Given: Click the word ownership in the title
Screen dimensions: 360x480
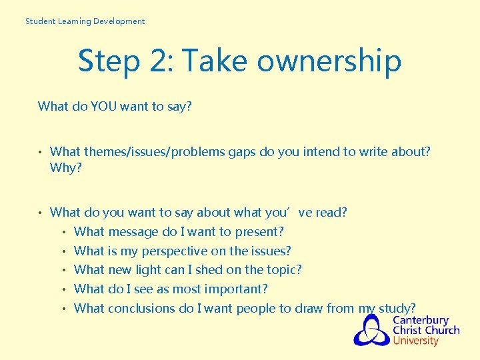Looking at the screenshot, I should [x=329, y=61].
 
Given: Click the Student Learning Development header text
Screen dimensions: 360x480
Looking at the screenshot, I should [x=85, y=21].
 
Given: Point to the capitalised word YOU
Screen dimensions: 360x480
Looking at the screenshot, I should [x=101, y=106].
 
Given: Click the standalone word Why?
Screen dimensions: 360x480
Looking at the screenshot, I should [x=66, y=167].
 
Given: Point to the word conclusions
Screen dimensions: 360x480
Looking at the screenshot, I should [x=141, y=308].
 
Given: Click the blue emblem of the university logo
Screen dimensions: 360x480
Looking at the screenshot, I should [x=371, y=330].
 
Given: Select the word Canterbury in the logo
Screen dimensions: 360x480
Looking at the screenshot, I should [x=421, y=320].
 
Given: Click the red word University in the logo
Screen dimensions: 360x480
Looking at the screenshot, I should [x=415, y=341].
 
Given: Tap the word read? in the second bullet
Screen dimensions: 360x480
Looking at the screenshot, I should [x=331, y=213].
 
